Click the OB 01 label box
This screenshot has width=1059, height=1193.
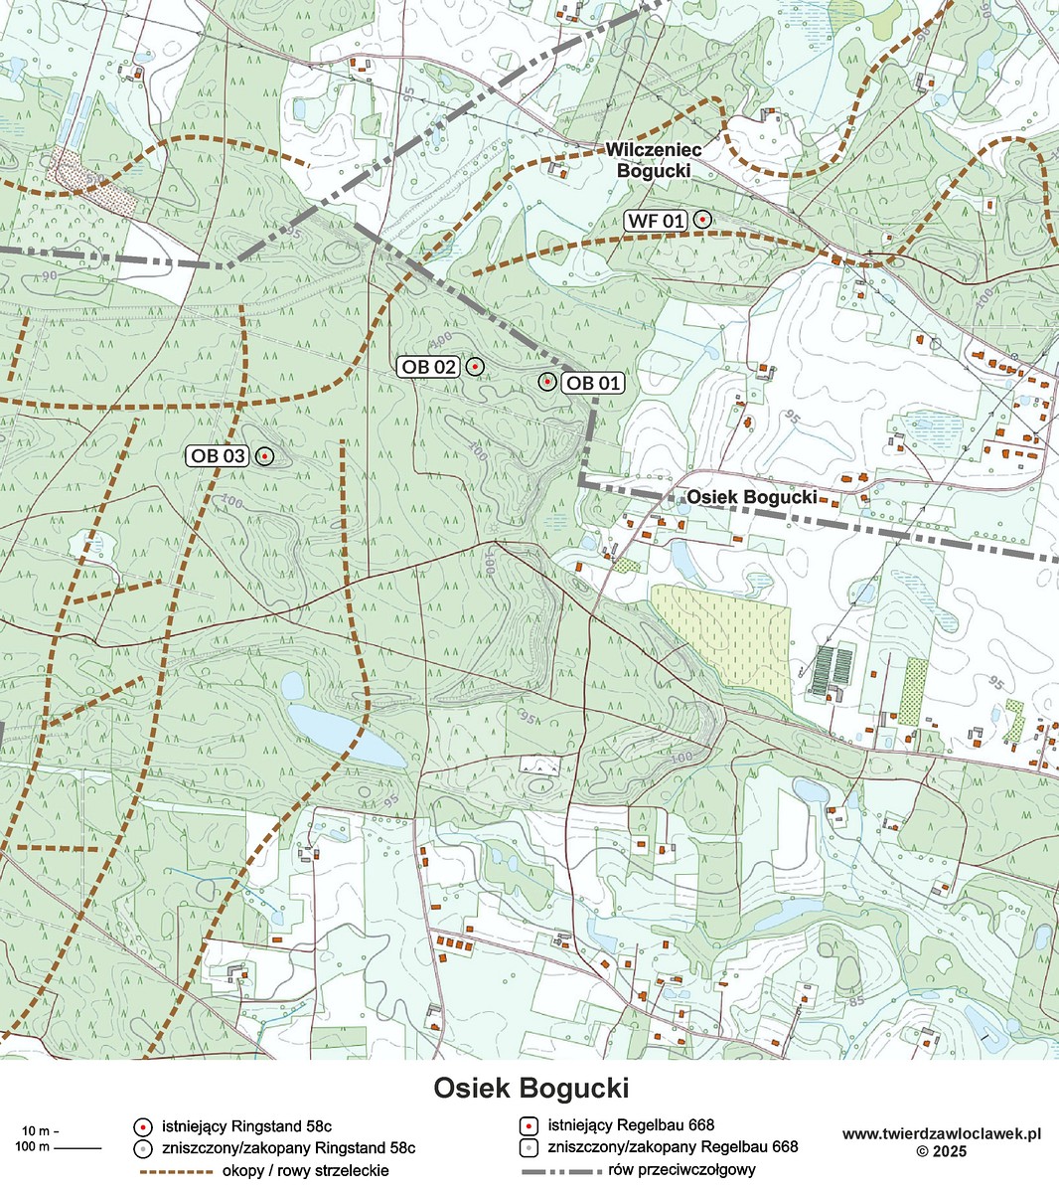coord(593,383)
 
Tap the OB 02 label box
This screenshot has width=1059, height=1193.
coord(429,367)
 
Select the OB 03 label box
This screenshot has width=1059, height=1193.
coord(218,456)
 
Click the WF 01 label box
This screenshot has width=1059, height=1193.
coord(656,221)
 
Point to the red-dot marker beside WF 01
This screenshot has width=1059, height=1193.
coord(702,219)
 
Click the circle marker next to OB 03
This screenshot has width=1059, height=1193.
coord(265,456)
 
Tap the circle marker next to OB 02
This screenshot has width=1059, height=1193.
coord(475,367)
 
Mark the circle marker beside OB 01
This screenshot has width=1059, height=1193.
coord(546,382)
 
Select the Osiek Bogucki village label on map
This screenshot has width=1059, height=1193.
coord(751,496)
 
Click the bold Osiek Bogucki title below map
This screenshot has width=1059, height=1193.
coord(530,1088)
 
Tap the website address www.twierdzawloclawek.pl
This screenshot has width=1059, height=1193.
coord(941,1133)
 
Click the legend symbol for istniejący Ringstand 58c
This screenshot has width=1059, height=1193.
coord(143,1126)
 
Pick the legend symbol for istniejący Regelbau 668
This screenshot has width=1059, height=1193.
coord(529,1126)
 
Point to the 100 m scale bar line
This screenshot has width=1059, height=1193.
coord(77,1148)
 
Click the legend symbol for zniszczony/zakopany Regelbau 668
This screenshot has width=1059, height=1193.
coord(529,1147)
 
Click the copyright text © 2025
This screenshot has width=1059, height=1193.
coord(941,1151)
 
